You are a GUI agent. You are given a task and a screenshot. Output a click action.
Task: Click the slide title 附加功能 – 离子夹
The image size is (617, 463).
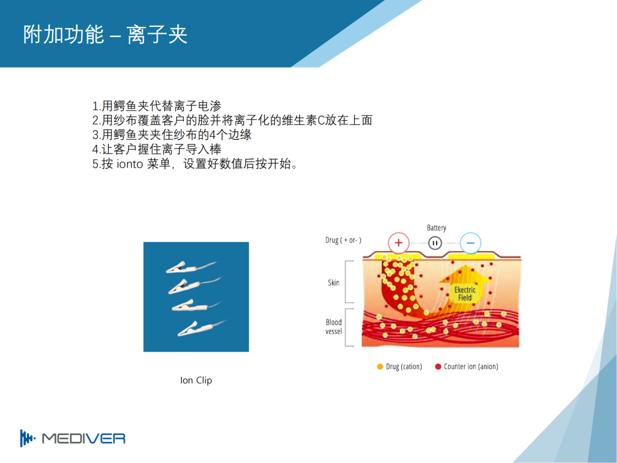pyautogui.click(x=105, y=34)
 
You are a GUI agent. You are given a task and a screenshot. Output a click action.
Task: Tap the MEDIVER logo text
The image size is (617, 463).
pyautogui.click(x=84, y=438)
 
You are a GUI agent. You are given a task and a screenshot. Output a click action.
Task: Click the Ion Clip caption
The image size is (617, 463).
pyautogui.click(x=196, y=380)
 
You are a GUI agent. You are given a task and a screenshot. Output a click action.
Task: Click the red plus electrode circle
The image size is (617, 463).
pyautogui.click(x=399, y=242)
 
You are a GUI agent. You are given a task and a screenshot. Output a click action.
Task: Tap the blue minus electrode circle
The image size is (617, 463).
pyautogui.click(x=470, y=242)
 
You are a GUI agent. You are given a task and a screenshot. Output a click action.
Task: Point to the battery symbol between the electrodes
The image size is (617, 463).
pyautogui.click(x=435, y=243)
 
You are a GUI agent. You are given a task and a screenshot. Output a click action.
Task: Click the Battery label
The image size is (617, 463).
pyautogui.click(x=436, y=227)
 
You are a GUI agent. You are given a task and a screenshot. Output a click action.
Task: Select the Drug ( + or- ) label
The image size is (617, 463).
pyautogui.click(x=343, y=240)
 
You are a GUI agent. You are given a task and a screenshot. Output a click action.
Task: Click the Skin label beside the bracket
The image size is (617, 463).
pyautogui.click(x=334, y=282)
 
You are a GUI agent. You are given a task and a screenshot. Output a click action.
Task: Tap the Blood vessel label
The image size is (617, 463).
pyautogui.click(x=334, y=327)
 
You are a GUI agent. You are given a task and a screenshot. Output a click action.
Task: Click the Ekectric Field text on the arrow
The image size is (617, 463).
pyautogui.click(x=464, y=294)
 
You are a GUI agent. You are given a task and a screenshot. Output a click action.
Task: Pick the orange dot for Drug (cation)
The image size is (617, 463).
pyautogui.click(x=380, y=366)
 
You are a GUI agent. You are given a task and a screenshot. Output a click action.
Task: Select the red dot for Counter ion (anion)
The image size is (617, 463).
pyautogui.click(x=438, y=366)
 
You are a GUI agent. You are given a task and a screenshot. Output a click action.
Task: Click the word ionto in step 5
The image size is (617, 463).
pyautogui.click(x=130, y=164)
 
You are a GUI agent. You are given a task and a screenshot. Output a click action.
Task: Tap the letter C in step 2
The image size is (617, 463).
pyautogui.click(x=321, y=121)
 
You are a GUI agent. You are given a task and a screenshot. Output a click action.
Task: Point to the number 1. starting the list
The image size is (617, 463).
pyautogui.click(x=97, y=106)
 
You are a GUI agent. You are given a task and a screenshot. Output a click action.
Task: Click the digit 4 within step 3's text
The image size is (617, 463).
pyautogui.click(x=213, y=135)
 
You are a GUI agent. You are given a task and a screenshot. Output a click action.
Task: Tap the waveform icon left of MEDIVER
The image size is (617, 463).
pyautogui.click(x=27, y=438)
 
